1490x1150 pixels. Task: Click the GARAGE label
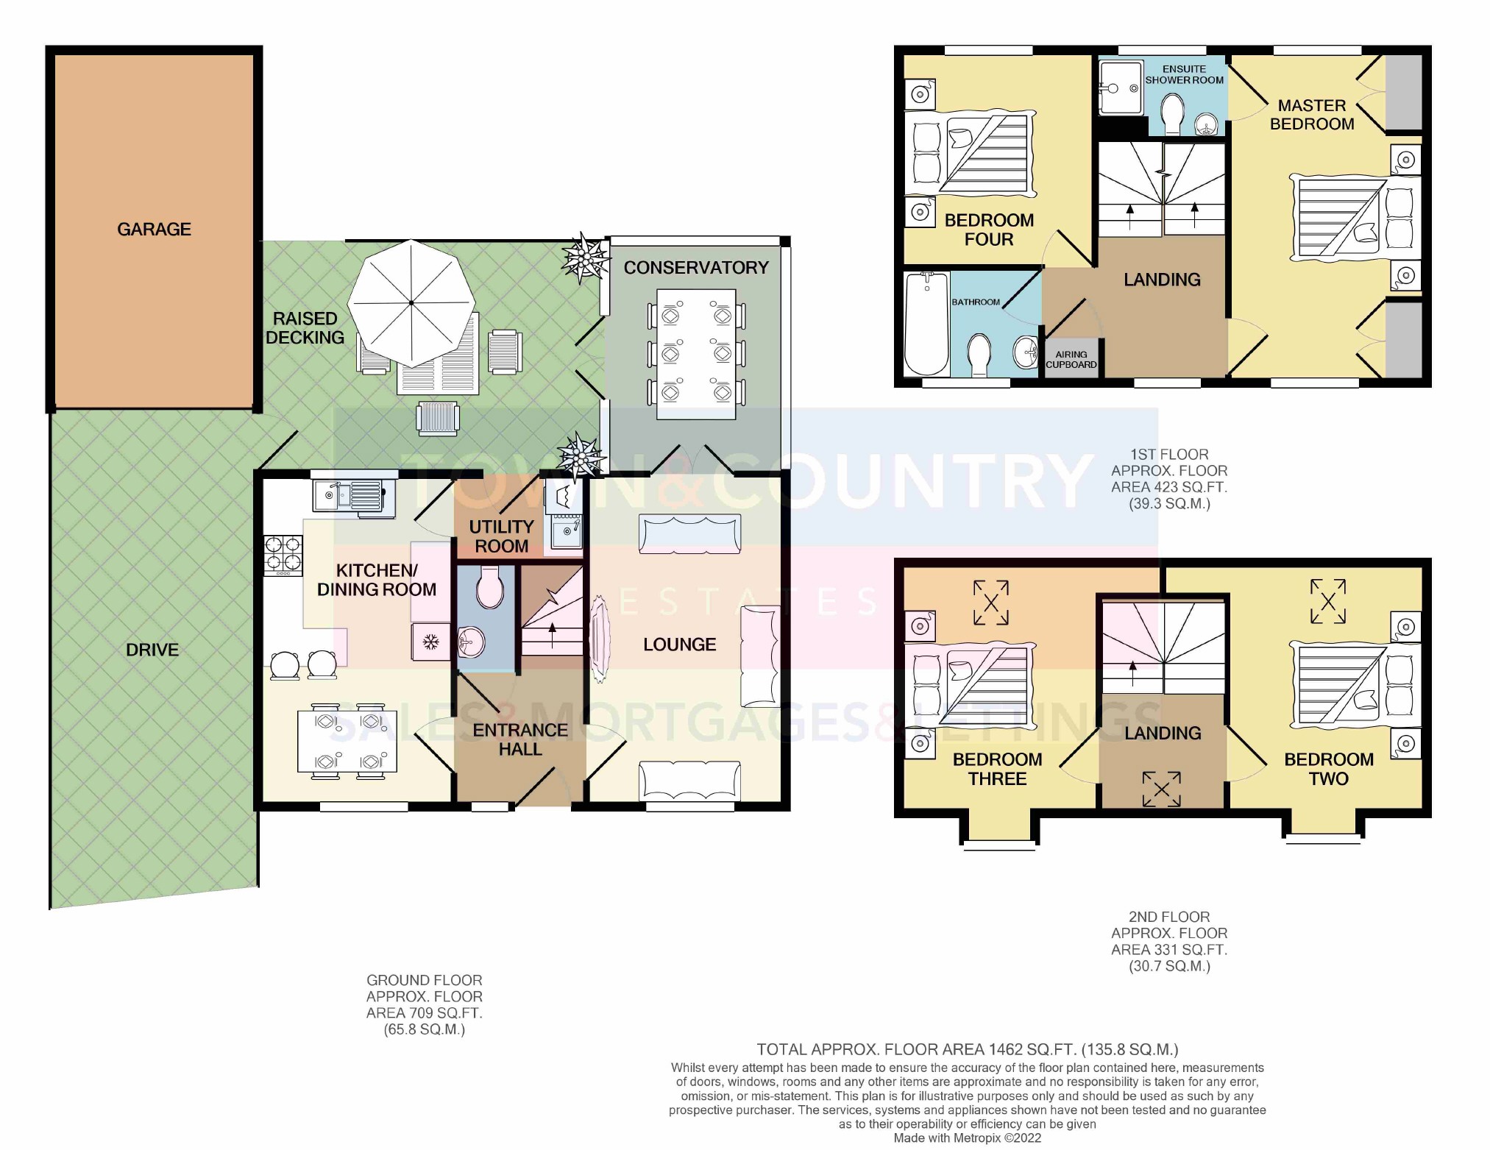(154, 230)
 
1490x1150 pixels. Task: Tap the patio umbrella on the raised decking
(411, 302)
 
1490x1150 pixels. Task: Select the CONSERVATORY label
(696, 268)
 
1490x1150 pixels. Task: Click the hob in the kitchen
(283, 555)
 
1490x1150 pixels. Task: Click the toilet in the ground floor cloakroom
(489, 586)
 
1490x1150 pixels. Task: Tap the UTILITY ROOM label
(501, 536)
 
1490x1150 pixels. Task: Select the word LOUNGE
(679, 645)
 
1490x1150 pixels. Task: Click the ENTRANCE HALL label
(520, 739)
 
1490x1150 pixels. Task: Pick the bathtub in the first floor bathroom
(926, 324)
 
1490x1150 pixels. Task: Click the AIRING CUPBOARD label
(1071, 359)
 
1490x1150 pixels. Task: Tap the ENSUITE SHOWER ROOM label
(1184, 74)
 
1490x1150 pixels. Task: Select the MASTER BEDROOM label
(1312, 115)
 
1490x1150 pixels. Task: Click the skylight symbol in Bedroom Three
(990, 603)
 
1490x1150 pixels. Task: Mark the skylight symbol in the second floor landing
(1161, 789)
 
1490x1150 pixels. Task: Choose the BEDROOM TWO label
(1329, 769)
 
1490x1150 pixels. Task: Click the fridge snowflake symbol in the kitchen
(430, 642)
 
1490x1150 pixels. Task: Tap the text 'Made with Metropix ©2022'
(968, 1138)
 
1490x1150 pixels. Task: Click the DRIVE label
(152, 650)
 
